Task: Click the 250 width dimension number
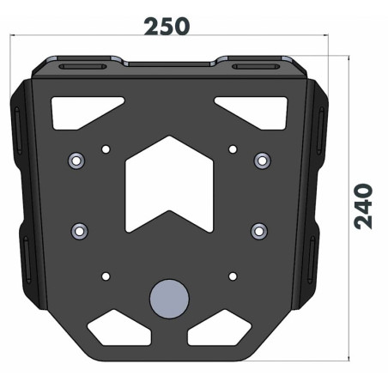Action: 167,27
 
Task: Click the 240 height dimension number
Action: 363,206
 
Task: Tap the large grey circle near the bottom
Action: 169,299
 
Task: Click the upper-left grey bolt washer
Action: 76,161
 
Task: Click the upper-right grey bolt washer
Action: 262,161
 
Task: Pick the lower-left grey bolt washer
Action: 80,231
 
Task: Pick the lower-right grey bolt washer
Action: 259,231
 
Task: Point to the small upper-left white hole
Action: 106,149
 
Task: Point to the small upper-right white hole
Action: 233,149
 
